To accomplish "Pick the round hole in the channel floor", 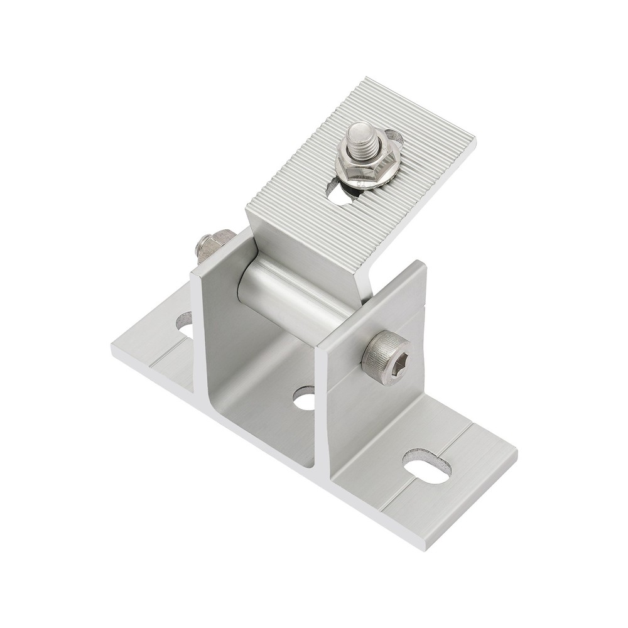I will coord(306,399).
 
